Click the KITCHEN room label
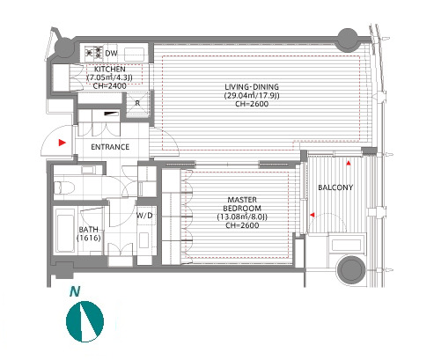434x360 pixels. [x=110, y=70]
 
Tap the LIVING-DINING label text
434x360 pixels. [x=252, y=87]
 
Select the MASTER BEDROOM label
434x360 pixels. [x=242, y=204]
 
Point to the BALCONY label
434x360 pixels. [x=335, y=187]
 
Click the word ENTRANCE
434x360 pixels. [x=110, y=147]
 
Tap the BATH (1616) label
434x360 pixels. [x=89, y=233]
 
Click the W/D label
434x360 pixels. [x=144, y=216]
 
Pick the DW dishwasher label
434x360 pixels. [x=111, y=53]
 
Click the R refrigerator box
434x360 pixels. [x=137, y=104]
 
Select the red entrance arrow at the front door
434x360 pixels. [x=63, y=143]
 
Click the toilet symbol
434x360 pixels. [x=63, y=187]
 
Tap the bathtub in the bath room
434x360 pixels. [x=65, y=230]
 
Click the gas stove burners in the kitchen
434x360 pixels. [x=94, y=53]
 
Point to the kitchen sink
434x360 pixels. [x=135, y=55]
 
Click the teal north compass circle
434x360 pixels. [x=85, y=321]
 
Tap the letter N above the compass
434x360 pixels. [x=75, y=291]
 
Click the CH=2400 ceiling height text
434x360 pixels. [x=109, y=86]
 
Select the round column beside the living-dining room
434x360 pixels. [x=348, y=39]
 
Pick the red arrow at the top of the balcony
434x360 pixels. [x=349, y=163]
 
